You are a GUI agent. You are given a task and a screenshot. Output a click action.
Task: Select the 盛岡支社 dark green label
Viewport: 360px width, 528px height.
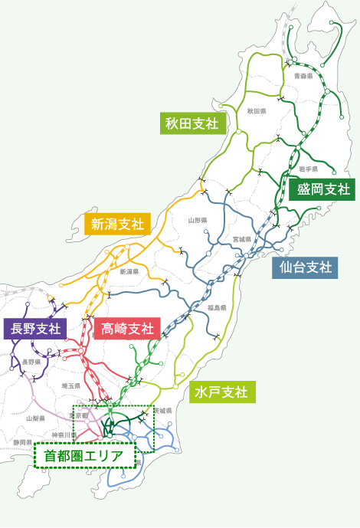(323, 189)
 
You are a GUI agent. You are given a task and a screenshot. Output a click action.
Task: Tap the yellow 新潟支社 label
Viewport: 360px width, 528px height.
(117, 224)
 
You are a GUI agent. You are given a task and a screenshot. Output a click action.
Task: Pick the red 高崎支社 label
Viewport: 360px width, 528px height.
(127, 330)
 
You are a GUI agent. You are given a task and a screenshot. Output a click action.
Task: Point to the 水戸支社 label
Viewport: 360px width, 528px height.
(221, 392)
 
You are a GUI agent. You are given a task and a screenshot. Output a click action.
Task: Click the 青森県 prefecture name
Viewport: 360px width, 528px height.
(303, 77)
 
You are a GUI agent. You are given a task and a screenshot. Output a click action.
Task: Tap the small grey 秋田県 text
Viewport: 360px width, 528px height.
(256, 111)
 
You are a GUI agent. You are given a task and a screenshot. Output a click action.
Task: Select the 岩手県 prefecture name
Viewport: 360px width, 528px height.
(309, 168)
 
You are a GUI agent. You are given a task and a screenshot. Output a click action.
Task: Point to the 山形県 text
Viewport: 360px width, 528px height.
(198, 220)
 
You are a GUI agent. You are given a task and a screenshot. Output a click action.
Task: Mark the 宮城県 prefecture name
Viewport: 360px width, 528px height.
(242, 239)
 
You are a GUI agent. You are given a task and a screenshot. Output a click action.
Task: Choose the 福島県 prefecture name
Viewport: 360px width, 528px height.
(217, 307)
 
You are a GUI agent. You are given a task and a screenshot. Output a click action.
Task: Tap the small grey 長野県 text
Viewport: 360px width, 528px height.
(31, 361)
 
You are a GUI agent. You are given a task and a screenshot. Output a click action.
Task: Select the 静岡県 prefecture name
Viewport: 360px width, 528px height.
(22, 443)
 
